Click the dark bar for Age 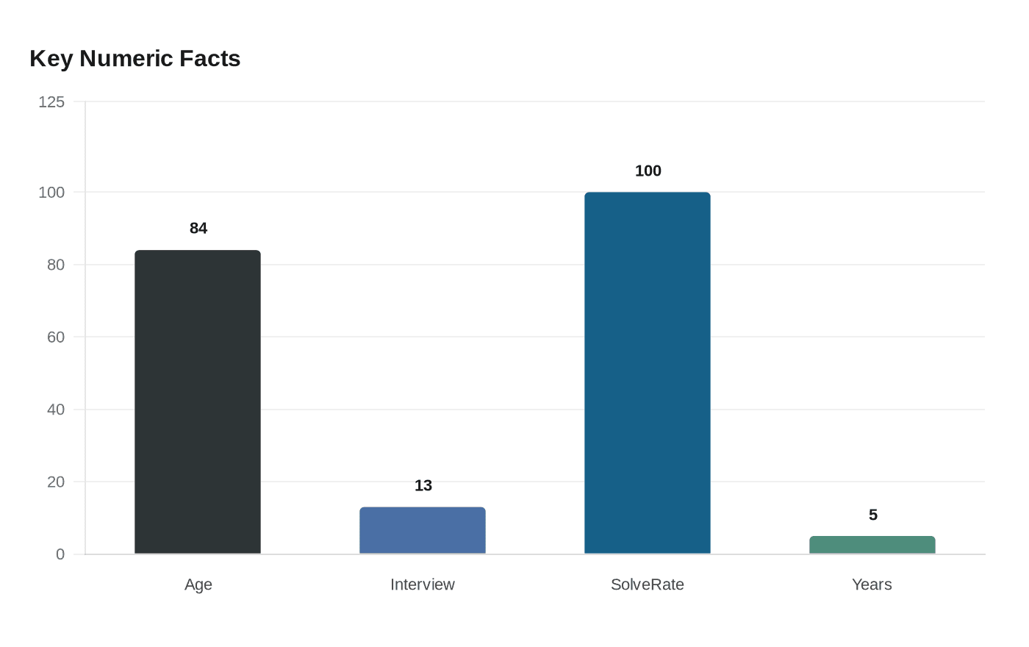point(198,402)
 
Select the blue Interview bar point(423,530)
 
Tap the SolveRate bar point(648,373)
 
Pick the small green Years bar point(872,545)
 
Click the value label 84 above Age point(198,228)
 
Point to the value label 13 point(423,485)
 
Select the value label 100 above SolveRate point(648,171)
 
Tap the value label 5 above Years point(873,515)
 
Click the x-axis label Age point(198,585)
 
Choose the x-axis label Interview point(423,585)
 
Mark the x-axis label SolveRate point(648,585)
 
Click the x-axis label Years point(872,585)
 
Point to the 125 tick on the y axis point(51,102)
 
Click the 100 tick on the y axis point(51,193)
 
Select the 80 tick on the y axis point(56,265)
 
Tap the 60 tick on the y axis point(56,337)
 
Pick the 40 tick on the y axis point(56,410)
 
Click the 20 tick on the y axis point(56,482)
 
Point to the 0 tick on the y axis point(60,554)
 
